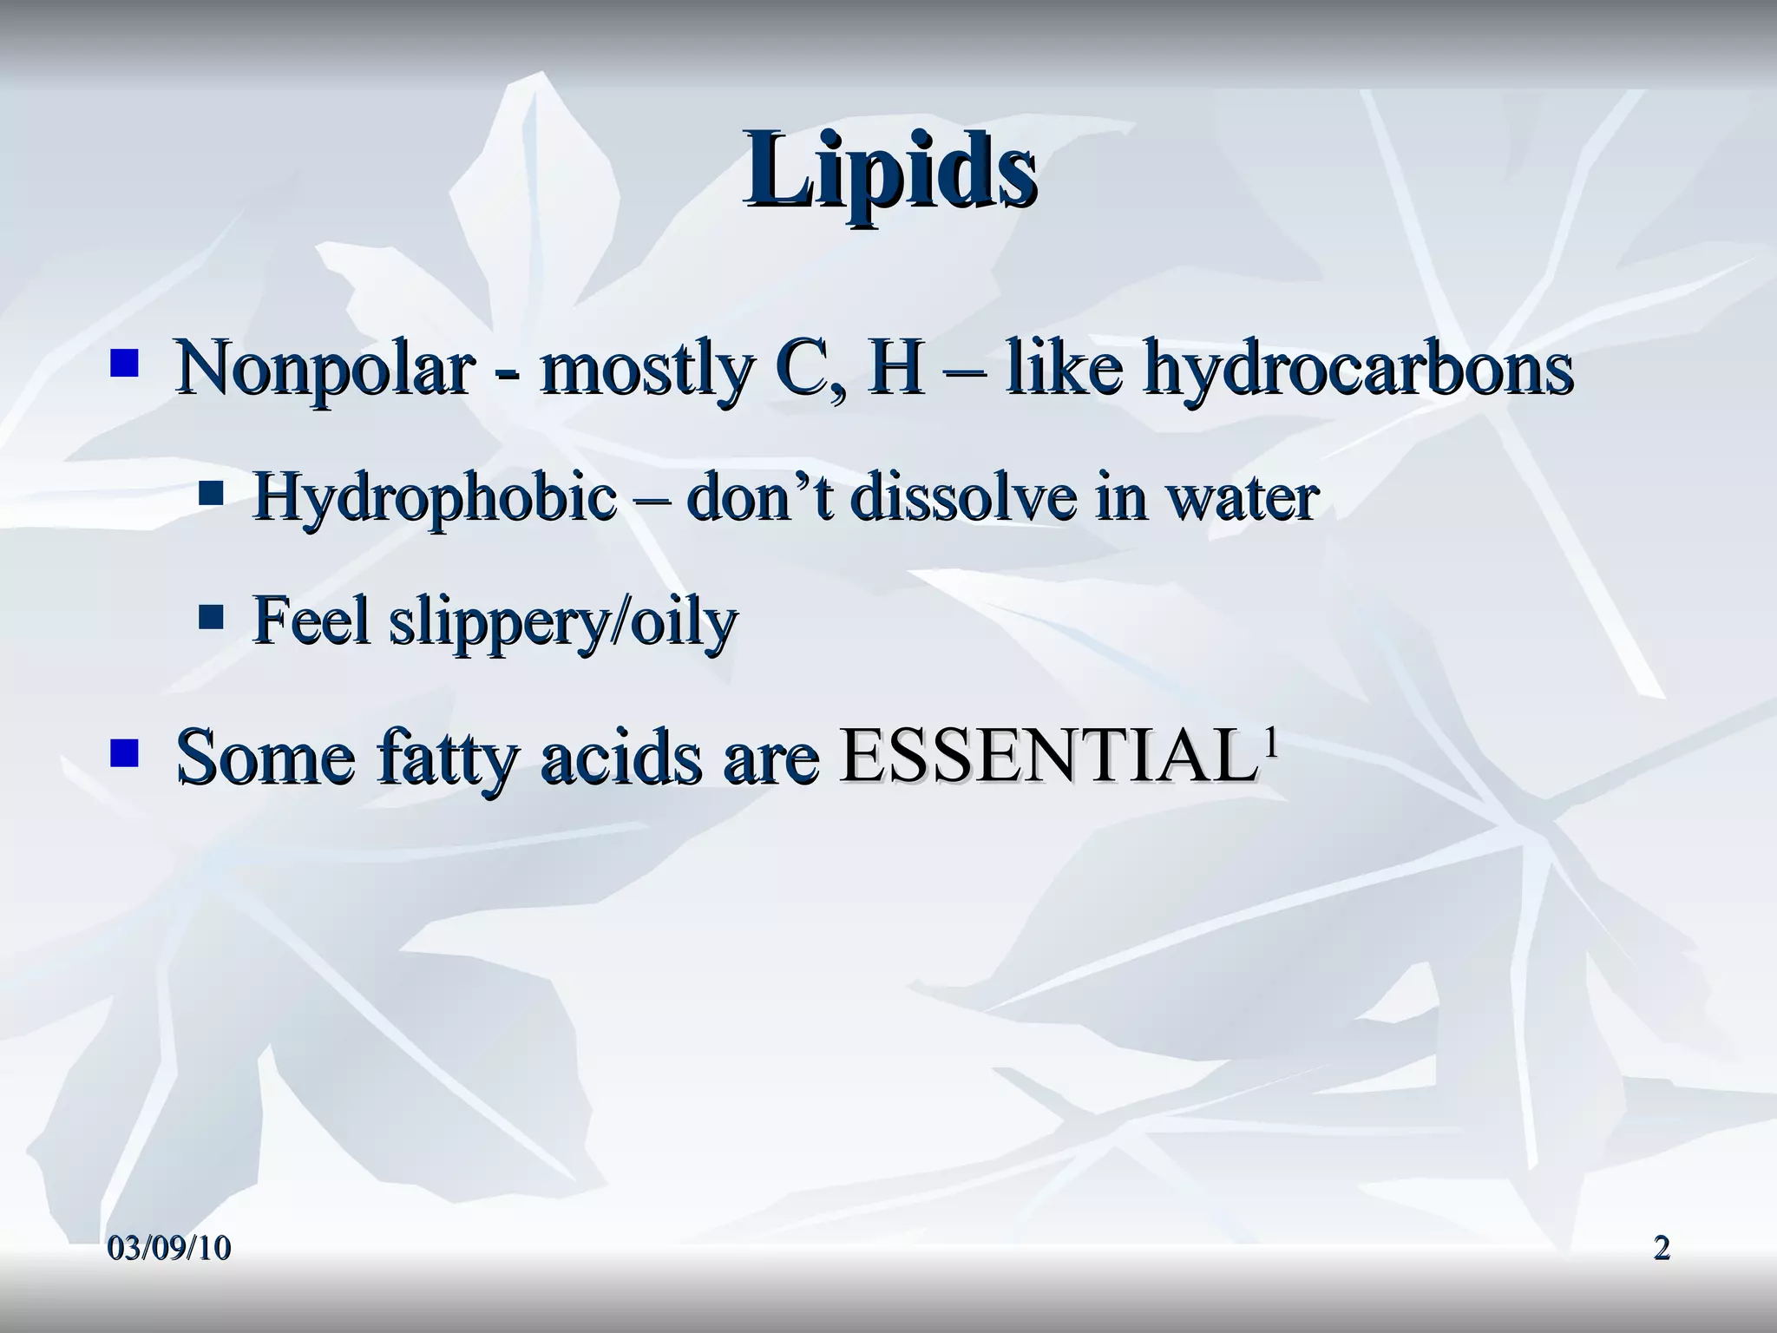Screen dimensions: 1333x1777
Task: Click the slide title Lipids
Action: point(889,168)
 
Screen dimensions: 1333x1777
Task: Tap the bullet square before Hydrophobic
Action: point(211,496)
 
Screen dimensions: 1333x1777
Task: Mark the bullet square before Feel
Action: point(211,618)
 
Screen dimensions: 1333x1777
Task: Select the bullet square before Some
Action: point(124,752)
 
